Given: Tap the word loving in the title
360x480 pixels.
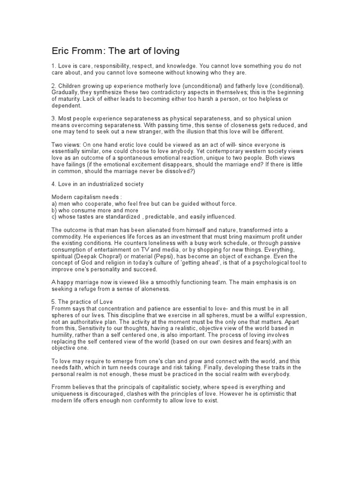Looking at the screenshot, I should (163, 51).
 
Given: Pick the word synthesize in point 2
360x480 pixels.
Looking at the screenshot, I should (110, 93).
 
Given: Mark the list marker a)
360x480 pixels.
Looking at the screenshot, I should (54, 204).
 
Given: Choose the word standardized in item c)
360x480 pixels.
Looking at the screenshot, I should (119, 217).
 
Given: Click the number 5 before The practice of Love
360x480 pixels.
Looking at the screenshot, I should (53, 301).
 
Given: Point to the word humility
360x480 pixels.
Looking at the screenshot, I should (63, 335).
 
